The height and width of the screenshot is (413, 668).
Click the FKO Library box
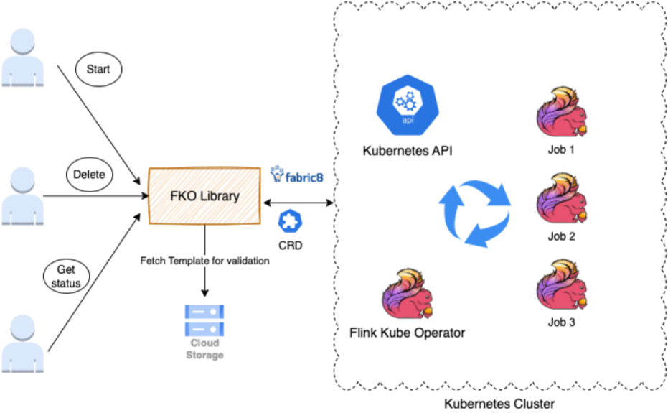204,195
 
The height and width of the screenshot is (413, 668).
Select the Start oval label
98,70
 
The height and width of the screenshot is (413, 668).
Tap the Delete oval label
90,174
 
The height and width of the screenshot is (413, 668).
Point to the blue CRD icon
291,221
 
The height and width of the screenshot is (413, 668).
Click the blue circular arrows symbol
474,213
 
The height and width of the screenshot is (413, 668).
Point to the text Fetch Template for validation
204,261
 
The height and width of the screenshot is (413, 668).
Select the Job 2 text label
561,236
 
